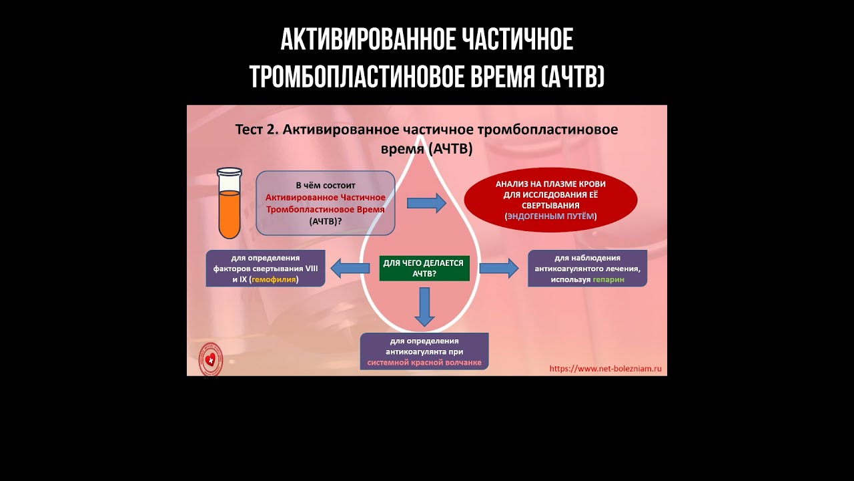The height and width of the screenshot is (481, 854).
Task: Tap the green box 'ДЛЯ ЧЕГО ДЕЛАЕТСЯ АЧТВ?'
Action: point(424,269)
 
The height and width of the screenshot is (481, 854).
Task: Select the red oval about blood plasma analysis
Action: point(550,200)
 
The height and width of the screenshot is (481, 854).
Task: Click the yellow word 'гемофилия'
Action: point(274,281)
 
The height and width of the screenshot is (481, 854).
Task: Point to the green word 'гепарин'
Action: point(608,280)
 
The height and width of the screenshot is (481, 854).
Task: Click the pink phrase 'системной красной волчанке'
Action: point(424,363)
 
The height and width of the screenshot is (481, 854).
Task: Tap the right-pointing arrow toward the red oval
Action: point(426,203)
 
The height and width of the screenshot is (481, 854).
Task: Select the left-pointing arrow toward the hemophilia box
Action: point(350,269)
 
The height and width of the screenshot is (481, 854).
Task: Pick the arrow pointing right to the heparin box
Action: point(498,269)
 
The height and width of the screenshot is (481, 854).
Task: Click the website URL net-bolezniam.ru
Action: point(605,368)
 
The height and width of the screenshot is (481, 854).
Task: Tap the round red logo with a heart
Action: point(211,359)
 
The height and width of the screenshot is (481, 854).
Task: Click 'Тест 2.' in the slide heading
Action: point(257,130)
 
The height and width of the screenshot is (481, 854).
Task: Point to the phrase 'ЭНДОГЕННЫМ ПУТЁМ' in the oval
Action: point(550,217)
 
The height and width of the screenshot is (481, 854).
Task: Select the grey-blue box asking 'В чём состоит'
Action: point(325,202)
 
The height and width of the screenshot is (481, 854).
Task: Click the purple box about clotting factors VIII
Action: point(266,269)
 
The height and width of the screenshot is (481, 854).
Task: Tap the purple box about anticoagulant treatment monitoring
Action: point(587,269)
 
